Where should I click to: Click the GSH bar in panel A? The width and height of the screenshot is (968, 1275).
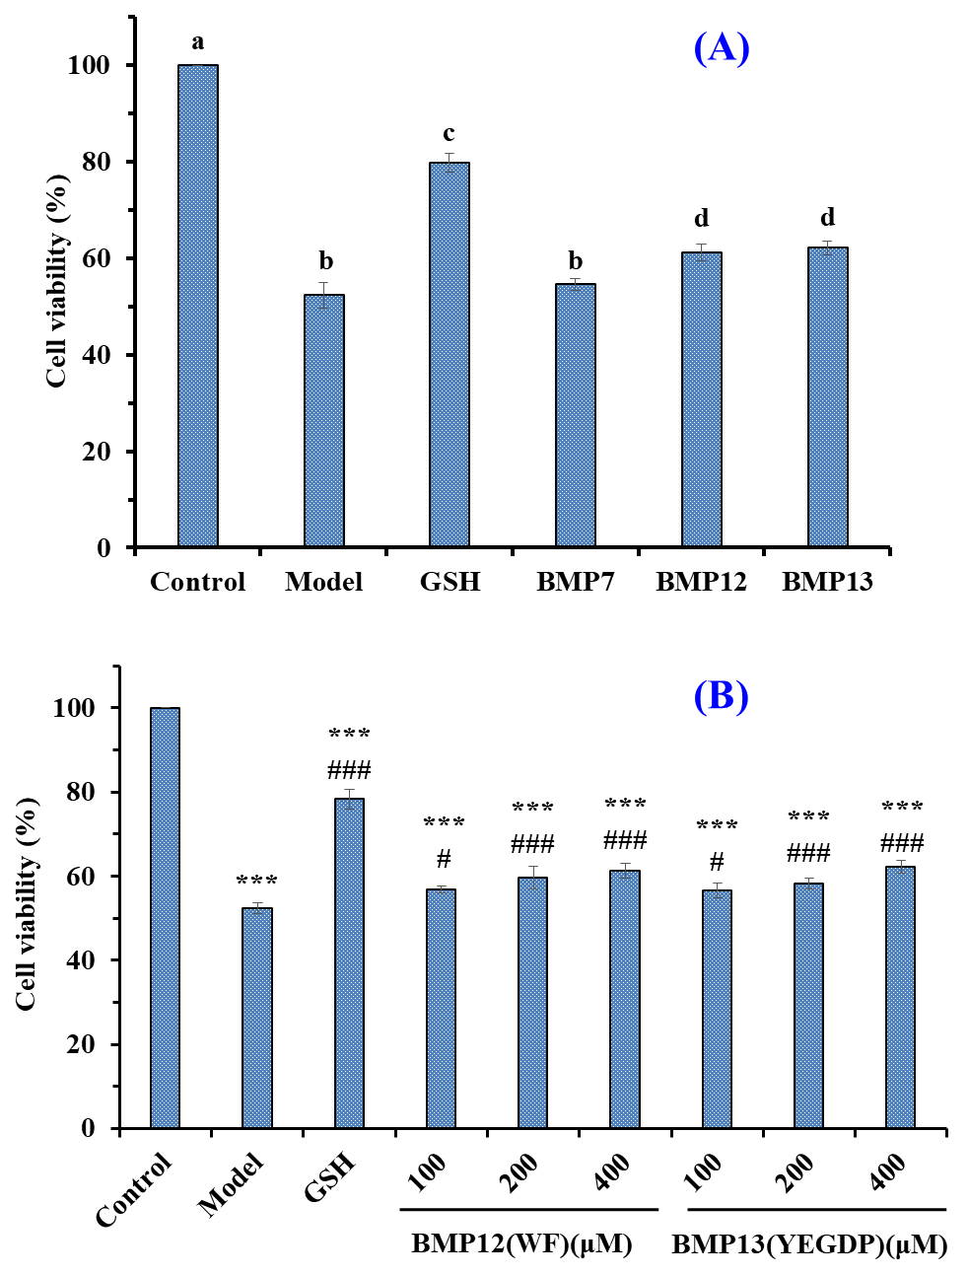(x=449, y=355)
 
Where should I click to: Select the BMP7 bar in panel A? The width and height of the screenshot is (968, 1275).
(x=576, y=415)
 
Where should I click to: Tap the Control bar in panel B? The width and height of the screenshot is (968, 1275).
(x=165, y=917)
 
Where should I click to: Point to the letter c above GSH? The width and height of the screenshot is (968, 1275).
(x=449, y=134)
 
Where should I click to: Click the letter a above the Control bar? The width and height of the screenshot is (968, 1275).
(x=198, y=41)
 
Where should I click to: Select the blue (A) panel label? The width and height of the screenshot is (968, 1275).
(x=722, y=47)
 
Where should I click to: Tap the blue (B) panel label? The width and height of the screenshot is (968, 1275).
(x=722, y=696)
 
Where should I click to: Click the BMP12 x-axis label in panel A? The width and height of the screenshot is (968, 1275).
(x=701, y=582)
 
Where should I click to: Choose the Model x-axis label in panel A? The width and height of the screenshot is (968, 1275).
(x=324, y=582)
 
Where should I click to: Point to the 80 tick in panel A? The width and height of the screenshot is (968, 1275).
(x=88, y=162)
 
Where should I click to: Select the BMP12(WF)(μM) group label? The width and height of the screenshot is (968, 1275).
(x=521, y=1243)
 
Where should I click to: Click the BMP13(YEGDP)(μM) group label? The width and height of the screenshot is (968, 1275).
(x=809, y=1245)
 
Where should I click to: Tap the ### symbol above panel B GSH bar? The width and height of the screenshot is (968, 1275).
(x=349, y=770)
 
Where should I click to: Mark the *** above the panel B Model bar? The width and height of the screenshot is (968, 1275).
(x=257, y=882)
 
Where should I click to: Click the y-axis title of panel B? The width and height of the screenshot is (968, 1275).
(x=27, y=903)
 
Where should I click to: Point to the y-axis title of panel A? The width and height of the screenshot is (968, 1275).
(x=56, y=281)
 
